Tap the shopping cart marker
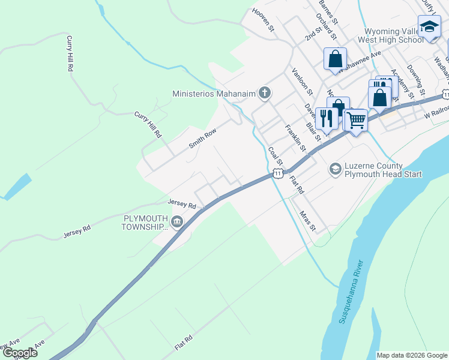(x=356, y=121)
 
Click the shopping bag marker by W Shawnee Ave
(x=336, y=59)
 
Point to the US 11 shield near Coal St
(x=277, y=173)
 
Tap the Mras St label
(x=307, y=220)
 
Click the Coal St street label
(x=276, y=155)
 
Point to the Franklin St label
(x=295, y=137)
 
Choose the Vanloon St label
(x=303, y=81)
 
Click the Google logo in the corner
(x=20, y=353)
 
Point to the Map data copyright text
(x=412, y=355)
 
